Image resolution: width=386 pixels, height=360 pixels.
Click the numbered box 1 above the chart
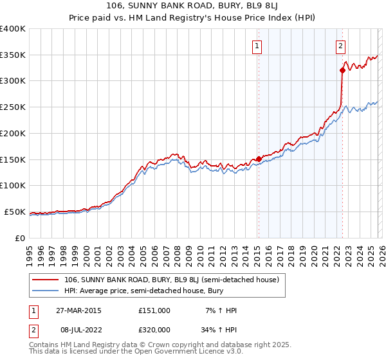[x=257, y=46]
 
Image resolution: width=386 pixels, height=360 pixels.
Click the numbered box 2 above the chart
[x=340, y=46]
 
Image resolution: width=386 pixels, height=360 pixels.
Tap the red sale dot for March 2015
[x=259, y=158]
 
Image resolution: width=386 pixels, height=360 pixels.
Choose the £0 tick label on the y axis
[x=21, y=238]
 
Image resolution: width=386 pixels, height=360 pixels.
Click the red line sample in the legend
[x=46, y=280]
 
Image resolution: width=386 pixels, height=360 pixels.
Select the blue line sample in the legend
[x=46, y=291]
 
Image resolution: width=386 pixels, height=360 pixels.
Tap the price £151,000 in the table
[x=154, y=310]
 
